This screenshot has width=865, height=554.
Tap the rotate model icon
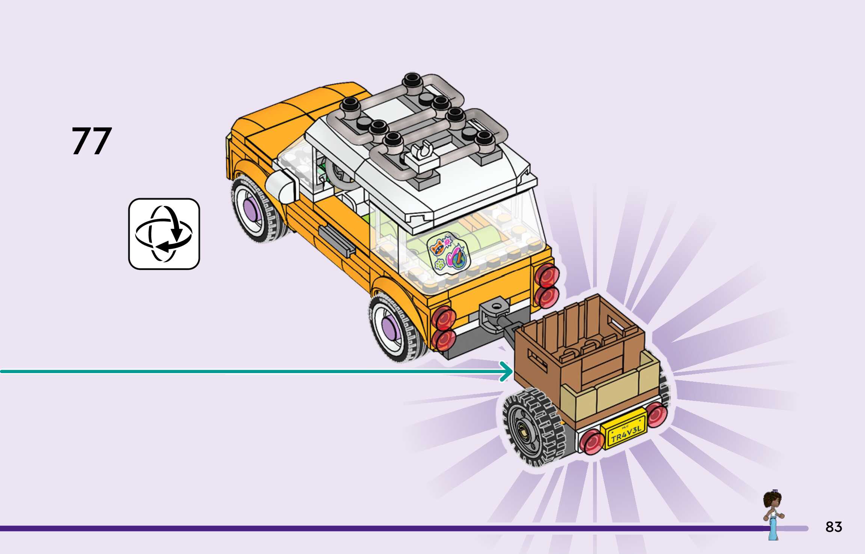pos(164,233)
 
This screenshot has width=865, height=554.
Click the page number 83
pos(833,527)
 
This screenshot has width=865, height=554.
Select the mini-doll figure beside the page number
pos(773,514)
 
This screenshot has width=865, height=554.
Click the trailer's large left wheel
pos(533,428)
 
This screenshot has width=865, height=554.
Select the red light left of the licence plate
pos(592,440)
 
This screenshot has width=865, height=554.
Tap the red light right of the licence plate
pos(657,415)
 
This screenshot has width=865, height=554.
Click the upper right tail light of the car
pos(547,275)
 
